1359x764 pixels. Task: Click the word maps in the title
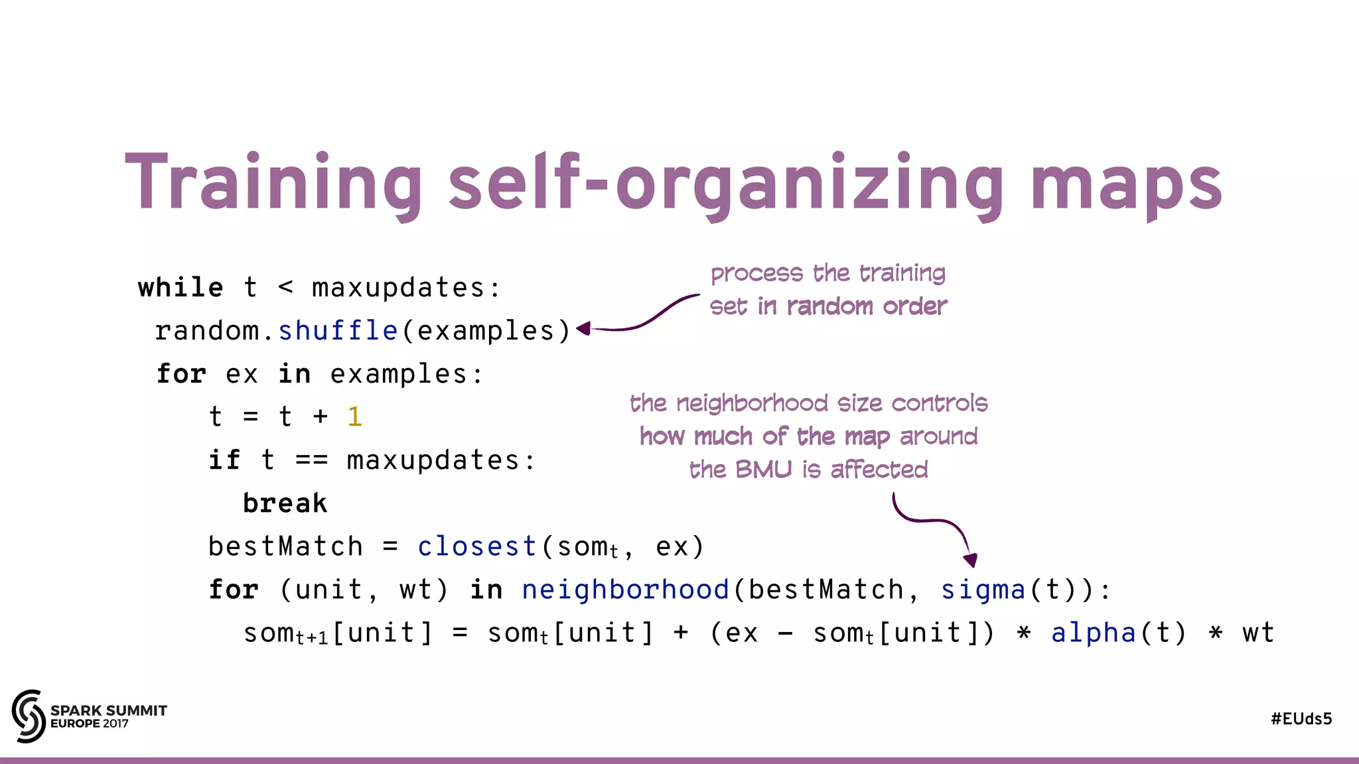click(1125, 184)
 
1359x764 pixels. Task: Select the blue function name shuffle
click(338, 330)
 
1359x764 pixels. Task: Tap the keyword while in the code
click(180, 288)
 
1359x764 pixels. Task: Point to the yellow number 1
click(355, 416)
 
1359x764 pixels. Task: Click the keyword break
click(285, 503)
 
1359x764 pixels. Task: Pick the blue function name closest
click(477, 546)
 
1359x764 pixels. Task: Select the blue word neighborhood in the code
click(626, 590)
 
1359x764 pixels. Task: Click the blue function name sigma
click(983, 590)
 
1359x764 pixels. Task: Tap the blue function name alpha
click(1094, 633)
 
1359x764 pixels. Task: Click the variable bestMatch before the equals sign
click(286, 546)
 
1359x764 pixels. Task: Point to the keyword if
click(224, 460)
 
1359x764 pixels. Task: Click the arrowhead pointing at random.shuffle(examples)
click(583, 328)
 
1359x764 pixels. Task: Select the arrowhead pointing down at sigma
click(970, 560)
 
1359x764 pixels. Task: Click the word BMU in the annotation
click(763, 470)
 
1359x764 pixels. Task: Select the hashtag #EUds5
click(1301, 719)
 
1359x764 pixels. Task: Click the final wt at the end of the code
click(1258, 633)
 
